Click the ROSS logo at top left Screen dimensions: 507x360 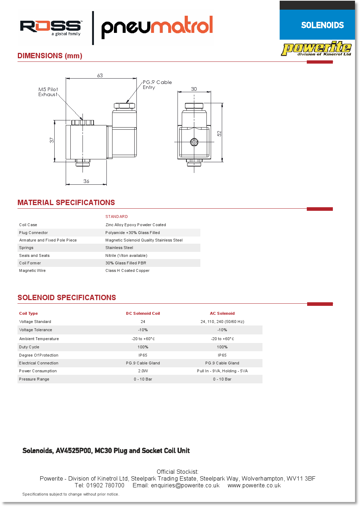pos(50,27)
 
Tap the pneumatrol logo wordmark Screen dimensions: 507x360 pos(157,27)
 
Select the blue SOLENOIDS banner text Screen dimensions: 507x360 pos(322,25)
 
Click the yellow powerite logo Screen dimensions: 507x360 pos(316,49)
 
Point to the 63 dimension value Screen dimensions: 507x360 pos(100,75)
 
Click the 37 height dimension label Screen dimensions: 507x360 pos(52,140)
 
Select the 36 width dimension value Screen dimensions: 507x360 pos(86,181)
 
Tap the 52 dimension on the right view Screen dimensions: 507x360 pos(219,133)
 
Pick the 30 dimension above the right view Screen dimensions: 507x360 pos(194,89)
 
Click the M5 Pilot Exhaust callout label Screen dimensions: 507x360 pos(48,92)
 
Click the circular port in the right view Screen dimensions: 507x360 pos(194,142)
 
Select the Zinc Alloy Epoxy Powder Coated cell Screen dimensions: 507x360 pos(136,225)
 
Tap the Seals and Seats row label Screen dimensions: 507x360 pos(34,255)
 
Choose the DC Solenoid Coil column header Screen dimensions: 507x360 pos(143,313)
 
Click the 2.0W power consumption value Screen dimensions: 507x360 pos(143,371)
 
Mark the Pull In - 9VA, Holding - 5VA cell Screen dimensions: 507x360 pos(222,371)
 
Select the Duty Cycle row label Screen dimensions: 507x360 pos(29,347)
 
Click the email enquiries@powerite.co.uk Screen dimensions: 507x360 pos(185,486)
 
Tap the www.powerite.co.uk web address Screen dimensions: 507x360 pos(254,486)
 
